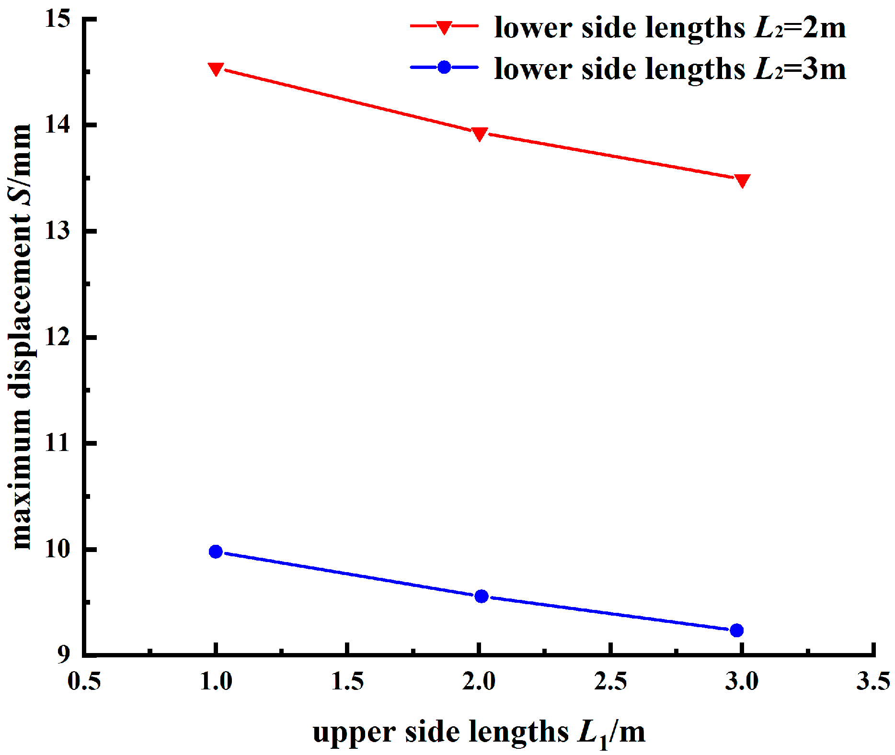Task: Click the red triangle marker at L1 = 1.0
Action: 216,69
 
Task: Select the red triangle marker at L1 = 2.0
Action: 480,134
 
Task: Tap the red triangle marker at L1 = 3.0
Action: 742,180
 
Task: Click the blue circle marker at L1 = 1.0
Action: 216,552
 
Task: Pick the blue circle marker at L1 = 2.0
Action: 482,596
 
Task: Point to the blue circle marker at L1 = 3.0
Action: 737,630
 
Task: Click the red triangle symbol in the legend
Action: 444,27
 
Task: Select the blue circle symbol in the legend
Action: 444,67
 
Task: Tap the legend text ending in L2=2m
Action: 670,27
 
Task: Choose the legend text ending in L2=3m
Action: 670,68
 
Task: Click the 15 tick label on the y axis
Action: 57,19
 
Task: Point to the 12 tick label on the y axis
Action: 57,337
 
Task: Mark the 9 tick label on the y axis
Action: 64,654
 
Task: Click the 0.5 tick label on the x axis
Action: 84,681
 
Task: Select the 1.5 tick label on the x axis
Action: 347,681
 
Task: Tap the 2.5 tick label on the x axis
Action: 610,681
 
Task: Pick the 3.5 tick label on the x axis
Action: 873,681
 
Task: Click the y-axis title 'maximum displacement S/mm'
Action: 22,337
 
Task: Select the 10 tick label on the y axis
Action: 57,549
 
